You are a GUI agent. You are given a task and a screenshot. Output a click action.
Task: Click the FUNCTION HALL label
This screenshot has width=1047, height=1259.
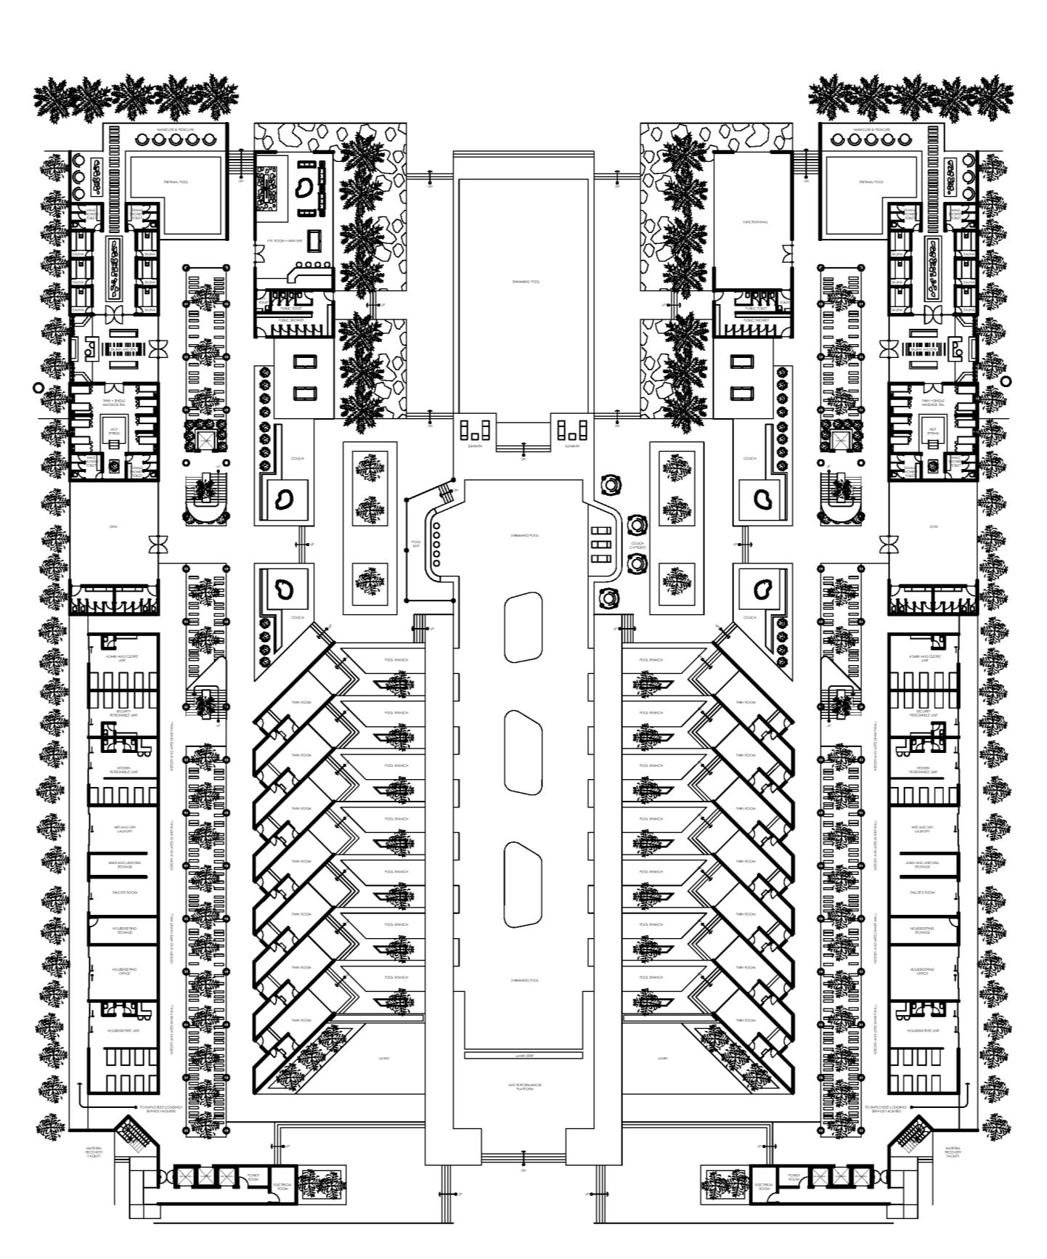pos(751,222)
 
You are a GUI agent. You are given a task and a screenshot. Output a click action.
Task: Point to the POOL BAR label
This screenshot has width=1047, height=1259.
pos(416,543)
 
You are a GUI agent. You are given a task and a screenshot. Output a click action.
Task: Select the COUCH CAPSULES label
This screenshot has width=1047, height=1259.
pos(637,545)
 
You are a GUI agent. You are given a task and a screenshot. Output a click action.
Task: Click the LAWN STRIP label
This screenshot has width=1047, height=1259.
pos(524,1055)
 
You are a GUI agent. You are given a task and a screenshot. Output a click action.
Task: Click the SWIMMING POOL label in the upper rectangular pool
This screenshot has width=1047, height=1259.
pos(524,282)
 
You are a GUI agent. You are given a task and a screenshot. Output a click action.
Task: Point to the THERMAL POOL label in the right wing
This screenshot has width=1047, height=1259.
pos(871,182)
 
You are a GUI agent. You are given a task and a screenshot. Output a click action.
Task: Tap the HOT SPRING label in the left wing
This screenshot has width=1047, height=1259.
pos(113,431)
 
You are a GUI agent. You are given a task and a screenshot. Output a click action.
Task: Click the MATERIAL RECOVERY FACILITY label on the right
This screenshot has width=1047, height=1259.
pos(953,1152)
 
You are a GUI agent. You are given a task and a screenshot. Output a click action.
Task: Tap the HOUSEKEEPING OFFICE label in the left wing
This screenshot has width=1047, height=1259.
pos(123,971)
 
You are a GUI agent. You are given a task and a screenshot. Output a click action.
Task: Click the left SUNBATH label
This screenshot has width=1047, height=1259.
pos(476,446)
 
